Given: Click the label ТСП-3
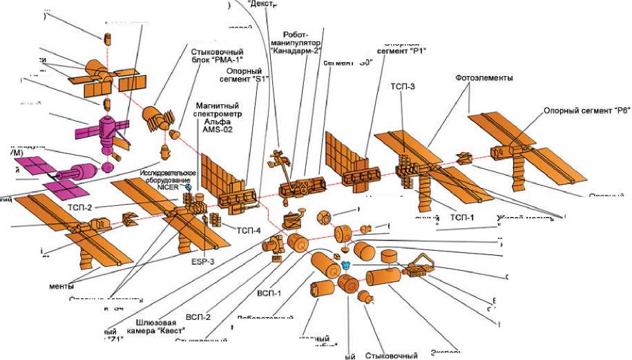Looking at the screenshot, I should [403, 86].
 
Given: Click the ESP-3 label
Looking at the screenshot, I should [203, 262].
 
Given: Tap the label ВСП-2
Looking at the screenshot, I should [198, 317].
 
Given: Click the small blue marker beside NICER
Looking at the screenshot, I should [188, 187].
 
